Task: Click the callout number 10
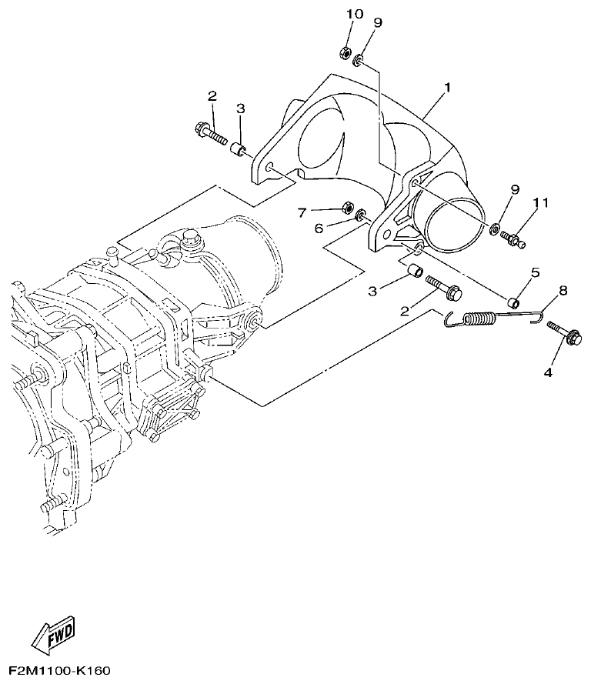pos(353,15)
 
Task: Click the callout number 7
pos(302,211)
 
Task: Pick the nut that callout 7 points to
pos(347,209)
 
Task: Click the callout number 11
pos(541,203)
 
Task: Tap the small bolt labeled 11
pos(514,241)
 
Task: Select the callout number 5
pos(535,272)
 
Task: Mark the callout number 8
pos(563,291)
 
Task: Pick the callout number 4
pos(548,372)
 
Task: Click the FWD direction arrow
pos(53,635)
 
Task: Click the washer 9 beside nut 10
pos(360,59)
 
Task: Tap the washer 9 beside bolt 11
pos(496,228)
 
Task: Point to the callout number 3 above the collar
pos(240,109)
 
